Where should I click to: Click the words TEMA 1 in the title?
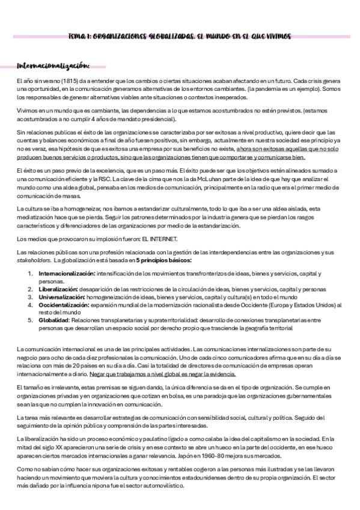tap(79, 37)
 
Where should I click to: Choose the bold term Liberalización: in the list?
tap(55, 289)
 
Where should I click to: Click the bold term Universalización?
tap(60, 297)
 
